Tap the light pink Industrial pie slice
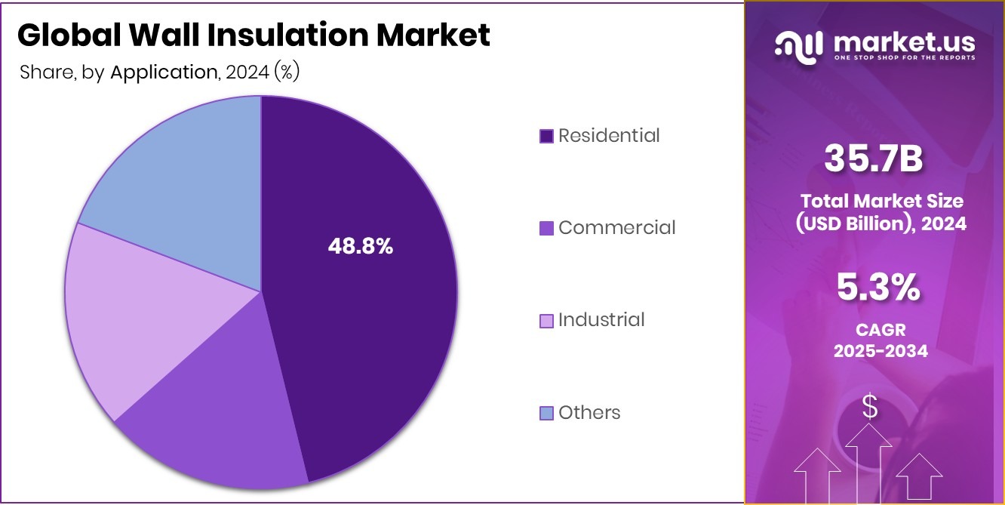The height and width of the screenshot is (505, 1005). coord(136,317)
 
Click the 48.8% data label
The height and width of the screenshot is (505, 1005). coord(360,246)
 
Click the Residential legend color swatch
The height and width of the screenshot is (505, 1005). coord(547,136)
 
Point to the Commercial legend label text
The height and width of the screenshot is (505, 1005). coord(617,227)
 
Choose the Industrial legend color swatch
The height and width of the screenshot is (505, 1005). coord(547,320)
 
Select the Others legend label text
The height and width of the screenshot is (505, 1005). coord(589,412)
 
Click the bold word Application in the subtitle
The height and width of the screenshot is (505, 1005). coord(164,72)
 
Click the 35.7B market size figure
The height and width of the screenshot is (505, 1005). coord(874,159)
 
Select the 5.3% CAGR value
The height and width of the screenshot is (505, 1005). coord(878,288)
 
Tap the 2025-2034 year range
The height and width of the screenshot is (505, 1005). coord(880,351)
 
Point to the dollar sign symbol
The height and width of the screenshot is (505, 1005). coord(870,408)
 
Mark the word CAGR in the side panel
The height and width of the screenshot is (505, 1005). coord(880,330)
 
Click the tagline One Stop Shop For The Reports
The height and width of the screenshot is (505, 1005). coord(904,57)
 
